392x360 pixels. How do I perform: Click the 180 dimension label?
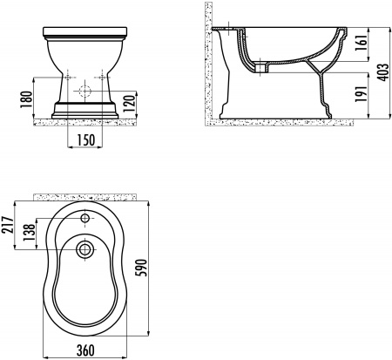26,99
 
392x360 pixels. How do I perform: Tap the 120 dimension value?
130,104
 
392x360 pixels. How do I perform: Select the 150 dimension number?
86,140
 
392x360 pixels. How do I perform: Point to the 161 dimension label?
362,44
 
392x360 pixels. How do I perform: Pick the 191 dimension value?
362,94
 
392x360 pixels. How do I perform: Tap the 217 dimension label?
7,225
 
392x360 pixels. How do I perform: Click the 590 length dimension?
142,268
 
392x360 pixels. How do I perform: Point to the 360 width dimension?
85,350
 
